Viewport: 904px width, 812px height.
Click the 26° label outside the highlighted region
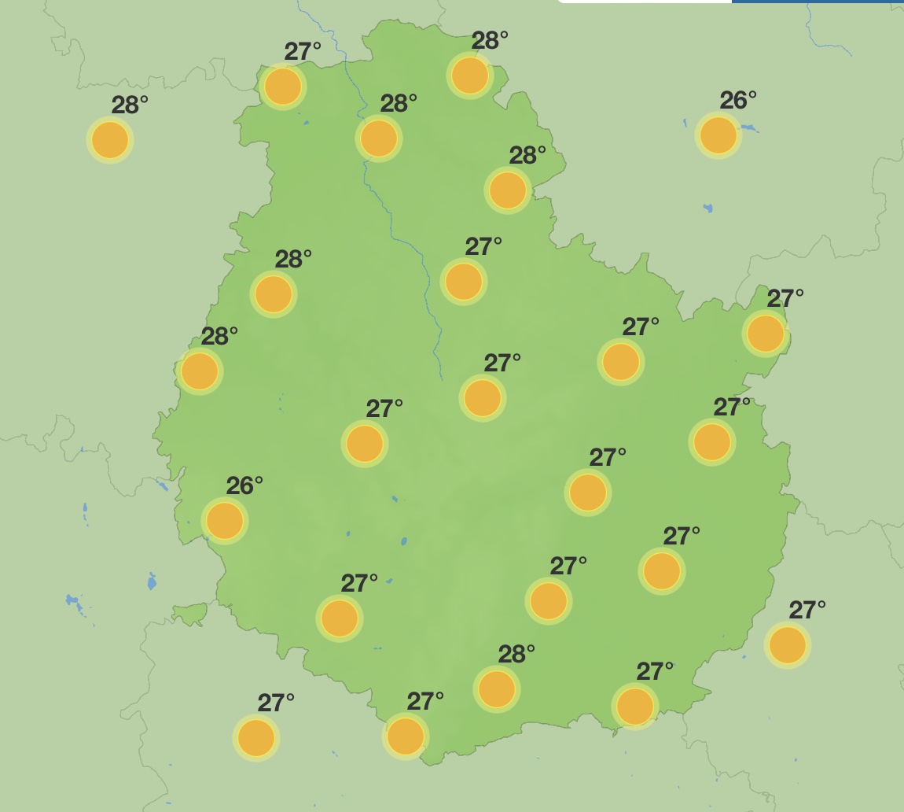tap(737, 101)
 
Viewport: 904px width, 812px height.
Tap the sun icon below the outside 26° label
tap(718, 135)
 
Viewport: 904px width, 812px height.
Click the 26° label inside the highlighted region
tap(244, 486)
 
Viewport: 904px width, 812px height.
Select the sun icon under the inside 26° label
tap(225, 520)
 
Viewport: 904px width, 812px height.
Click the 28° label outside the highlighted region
tap(129, 105)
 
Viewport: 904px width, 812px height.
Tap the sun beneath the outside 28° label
tap(110, 140)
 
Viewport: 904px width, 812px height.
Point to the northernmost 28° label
tap(489, 41)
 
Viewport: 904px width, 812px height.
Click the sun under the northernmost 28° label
tap(470, 76)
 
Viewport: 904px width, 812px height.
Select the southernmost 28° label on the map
tap(516, 655)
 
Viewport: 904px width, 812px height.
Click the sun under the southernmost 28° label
tap(497, 689)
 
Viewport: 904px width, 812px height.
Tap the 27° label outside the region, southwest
tap(275, 703)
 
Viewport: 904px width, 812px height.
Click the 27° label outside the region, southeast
tap(807, 611)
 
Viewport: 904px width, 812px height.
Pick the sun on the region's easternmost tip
tap(766, 333)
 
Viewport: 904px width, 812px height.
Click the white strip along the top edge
tap(645, 2)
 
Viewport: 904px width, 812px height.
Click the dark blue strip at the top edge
tap(818, 2)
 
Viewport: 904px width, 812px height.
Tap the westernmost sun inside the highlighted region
tap(200, 371)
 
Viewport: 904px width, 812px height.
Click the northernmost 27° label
tap(302, 52)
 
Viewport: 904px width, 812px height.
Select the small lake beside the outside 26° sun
tap(748, 127)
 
